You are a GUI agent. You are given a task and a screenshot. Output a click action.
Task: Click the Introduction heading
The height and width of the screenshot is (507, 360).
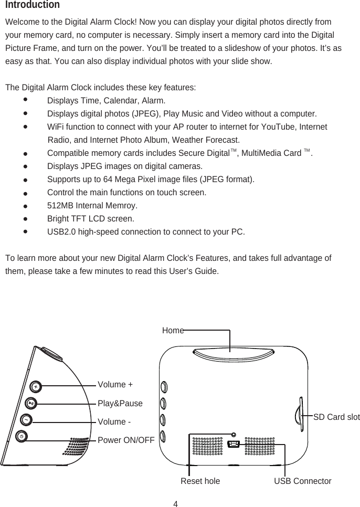[x=32, y=5]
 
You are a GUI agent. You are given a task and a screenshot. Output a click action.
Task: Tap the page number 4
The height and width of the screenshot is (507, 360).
[x=176, y=504]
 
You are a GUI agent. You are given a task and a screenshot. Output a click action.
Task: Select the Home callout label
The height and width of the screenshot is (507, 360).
[x=173, y=331]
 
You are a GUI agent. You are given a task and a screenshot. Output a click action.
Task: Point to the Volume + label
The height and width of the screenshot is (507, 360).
[x=115, y=385]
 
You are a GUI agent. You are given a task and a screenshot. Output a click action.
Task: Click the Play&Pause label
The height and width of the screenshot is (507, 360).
[x=120, y=404]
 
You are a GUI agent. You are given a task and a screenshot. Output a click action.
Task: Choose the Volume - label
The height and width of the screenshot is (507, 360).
[x=114, y=422]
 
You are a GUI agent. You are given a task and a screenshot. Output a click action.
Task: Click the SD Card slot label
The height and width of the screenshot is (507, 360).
[x=336, y=417]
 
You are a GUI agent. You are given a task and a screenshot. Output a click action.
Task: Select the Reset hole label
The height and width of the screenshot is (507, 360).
[x=200, y=481]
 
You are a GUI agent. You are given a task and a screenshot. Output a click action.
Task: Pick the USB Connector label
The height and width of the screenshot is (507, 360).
[x=303, y=481]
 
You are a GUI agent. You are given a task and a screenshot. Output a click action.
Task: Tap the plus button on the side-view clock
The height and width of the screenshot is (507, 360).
[x=35, y=386]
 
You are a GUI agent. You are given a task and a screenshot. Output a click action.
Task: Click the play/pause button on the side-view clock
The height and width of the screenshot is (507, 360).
[x=31, y=404]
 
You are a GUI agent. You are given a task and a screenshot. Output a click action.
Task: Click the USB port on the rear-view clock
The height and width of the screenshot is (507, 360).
[x=234, y=445]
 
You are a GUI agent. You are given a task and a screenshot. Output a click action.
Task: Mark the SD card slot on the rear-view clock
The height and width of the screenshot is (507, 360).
[x=299, y=414]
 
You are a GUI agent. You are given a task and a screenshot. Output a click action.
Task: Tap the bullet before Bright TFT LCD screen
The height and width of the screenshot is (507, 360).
[x=25, y=217]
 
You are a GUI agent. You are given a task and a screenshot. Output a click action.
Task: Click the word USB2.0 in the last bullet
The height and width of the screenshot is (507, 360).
[x=62, y=231]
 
